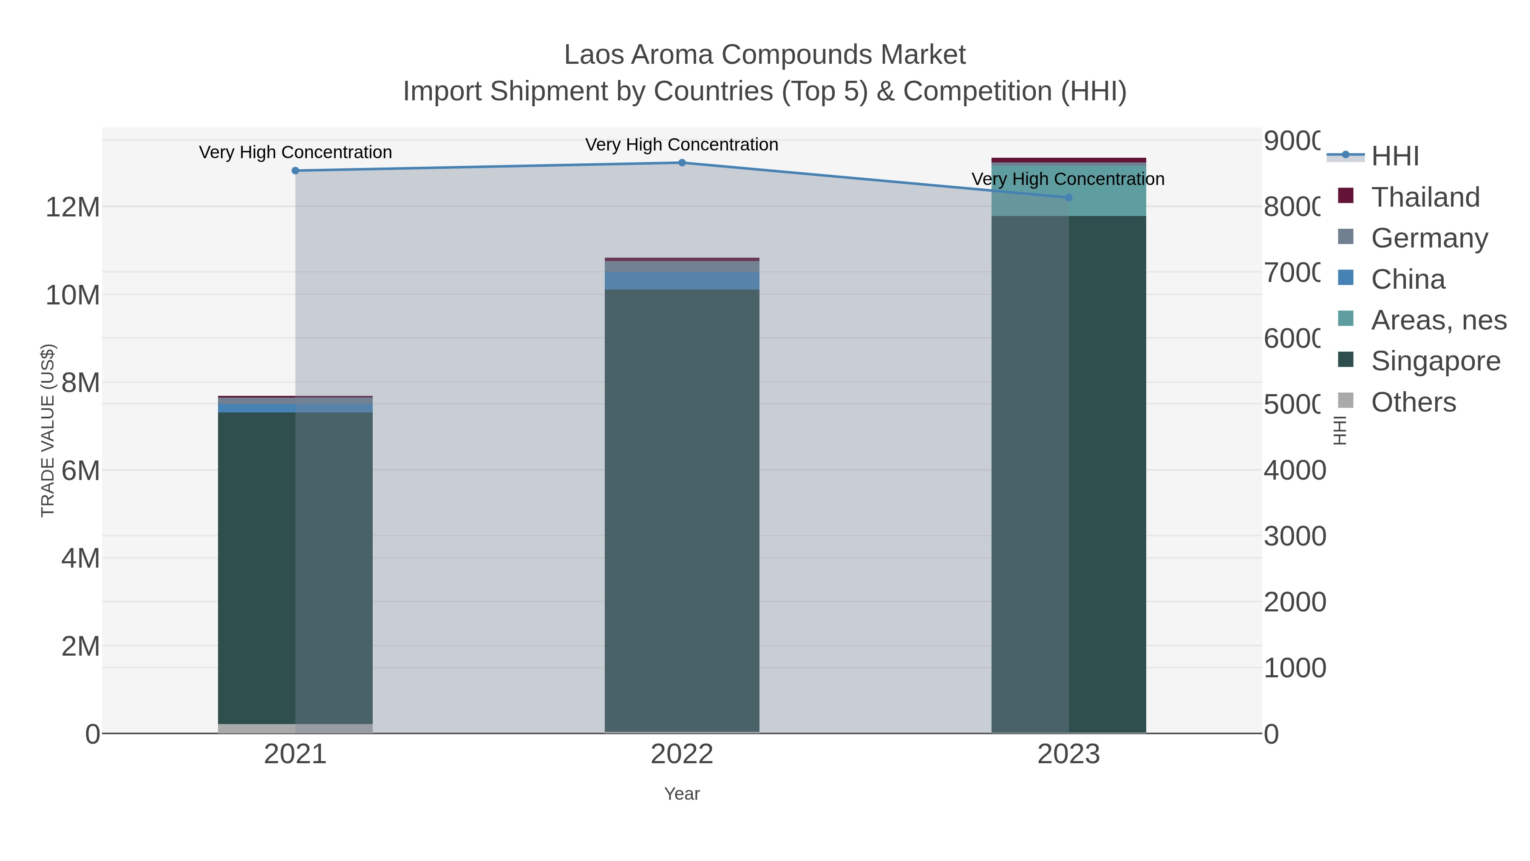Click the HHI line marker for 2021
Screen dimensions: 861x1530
pyautogui.click(x=295, y=170)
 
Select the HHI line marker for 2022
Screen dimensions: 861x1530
pyautogui.click(x=682, y=162)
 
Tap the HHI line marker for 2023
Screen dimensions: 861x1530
pyautogui.click(x=1068, y=197)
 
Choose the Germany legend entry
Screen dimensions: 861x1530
pyautogui.click(x=1429, y=238)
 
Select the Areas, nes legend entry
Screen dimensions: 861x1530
pyautogui.click(x=1438, y=320)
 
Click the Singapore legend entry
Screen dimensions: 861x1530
pyautogui.click(x=1435, y=361)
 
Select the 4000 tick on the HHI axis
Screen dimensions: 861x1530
pyautogui.click(x=1294, y=470)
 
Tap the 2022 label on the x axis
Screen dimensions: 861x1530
pyautogui.click(x=682, y=754)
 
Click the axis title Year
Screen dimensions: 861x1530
pyautogui.click(x=682, y=793)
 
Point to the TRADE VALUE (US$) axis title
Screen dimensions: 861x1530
pyautogui.click(x=48, y=430)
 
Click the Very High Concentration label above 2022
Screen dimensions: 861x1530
pyautogui.click(x=682, y=145)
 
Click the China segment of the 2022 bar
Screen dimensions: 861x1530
pyautogui.click(x=682, y=281)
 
